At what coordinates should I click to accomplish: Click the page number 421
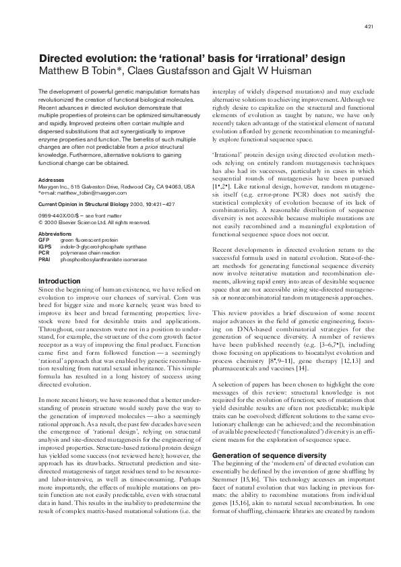(x=369, y=26)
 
